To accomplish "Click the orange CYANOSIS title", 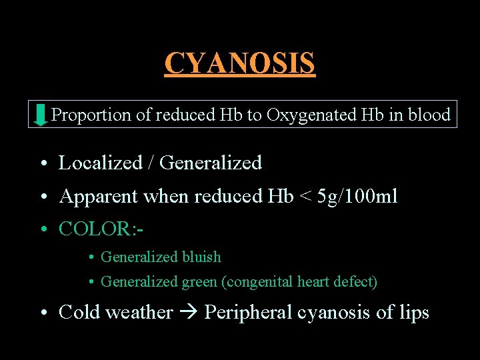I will tap(239, 63).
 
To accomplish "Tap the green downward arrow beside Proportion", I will tap(41, 115).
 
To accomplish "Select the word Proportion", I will tap(91, 115).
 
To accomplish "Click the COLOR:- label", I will tap(101, 229).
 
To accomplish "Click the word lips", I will tap(413, 313).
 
